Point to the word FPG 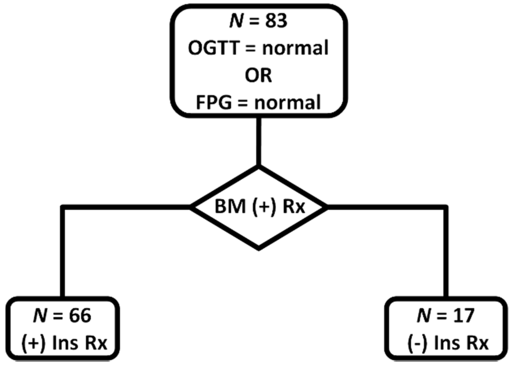[x=213, y=103]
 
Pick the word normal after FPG [x=287, y=103]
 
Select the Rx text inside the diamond [x=294, y=206]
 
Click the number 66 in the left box [x=80, y=316]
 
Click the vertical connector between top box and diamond [x=258, y=141]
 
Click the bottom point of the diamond [x=258, y=248]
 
